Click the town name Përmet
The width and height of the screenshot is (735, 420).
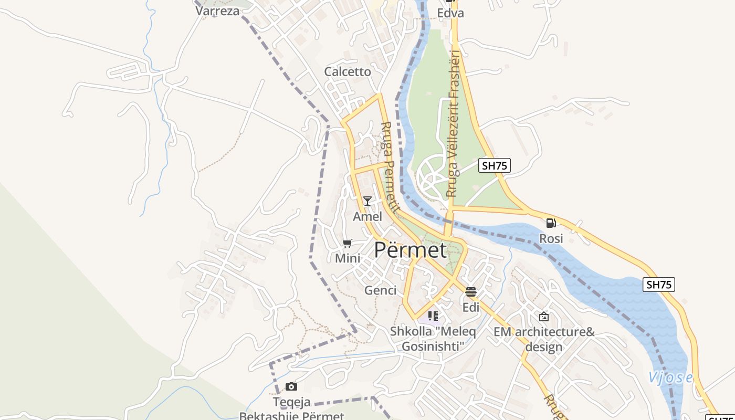click(x=410, y=250)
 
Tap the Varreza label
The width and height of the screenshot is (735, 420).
click(x=217, y=11)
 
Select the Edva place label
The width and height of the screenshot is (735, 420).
click(x=450, y=13)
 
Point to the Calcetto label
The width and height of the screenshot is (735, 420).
click(x=348, y=72)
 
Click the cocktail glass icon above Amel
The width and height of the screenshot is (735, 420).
click(x=367, y=201)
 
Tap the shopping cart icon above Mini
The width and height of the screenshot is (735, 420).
click(x=347, y=243)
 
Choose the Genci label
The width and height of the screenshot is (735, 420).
click(x=380, y=290)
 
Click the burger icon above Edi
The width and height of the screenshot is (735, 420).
click(x=471, y=292)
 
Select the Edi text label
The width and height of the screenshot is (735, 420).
click(x=471, y=308)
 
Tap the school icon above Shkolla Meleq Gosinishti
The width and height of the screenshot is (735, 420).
click(x=433, y=316)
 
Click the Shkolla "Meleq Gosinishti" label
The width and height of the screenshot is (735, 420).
click(x=433, y=339)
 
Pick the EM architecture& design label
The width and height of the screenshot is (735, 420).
click(x=544, y=339)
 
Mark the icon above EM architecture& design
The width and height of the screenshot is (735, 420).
click(x=544, y=317)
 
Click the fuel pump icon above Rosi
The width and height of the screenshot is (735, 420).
click(x=551, y=223)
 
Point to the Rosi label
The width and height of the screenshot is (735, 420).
click(x=551, y=238)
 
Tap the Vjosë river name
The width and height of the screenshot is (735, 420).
click(x=670, y=377)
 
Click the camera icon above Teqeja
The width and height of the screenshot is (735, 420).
click(x=291, y=387)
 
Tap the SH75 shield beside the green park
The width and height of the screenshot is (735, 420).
click(x=495, y=166)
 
